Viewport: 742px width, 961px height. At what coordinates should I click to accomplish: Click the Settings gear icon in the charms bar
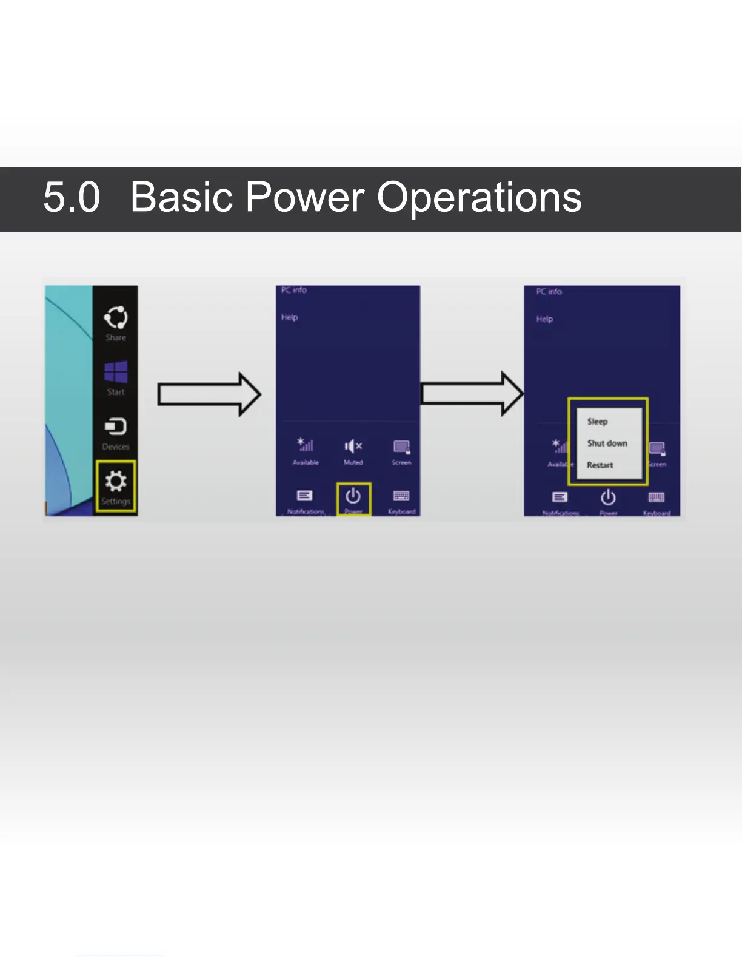pyautogui.click(x=116, y=482)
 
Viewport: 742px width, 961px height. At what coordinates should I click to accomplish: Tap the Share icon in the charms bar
pyautogui.click(x=116, y=317)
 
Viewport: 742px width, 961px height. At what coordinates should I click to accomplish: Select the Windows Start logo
pyautogui.click(x=116, y=372)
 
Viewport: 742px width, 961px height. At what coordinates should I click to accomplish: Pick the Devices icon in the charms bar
pyautogui.click(x=116, y=427)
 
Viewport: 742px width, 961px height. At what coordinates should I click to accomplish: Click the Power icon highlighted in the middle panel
pyautogui.click(x=353, y=496)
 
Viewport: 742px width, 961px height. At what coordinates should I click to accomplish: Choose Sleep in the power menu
pyautogui.click(x=597, y=422)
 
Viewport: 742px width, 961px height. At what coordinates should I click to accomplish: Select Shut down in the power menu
pyautogui.click(x=607, y=443)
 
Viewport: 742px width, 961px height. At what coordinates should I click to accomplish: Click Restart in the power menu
pyautogui.click(x=600, y=465)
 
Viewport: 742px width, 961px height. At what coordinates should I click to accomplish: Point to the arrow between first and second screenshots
pyautogui.click(x=209, y=394)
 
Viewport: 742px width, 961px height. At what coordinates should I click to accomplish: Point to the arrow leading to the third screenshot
pyautogui.click(x=472, y=394)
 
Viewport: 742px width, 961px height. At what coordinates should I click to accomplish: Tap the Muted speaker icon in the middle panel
pyautogui.click(x=353, y=447)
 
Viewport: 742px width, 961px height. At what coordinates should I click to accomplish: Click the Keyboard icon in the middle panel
pyautogui.click(x=401, y=496)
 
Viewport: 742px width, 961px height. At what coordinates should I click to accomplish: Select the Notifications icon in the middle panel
pyautogui.click(x=305, y=496)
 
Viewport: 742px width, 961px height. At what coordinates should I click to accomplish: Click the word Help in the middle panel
pyautogui.click(x=289, y=317)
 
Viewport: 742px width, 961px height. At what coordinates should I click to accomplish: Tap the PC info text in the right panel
pyautogui.click(x=549, y=292)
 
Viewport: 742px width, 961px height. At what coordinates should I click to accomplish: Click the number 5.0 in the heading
pyautogui.click(x=72, y=198)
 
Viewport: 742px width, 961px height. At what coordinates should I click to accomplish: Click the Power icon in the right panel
pyautogui.click(x=608, y=498)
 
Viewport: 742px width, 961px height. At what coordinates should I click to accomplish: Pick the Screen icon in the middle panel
pyautogui.click(x=401, y=447)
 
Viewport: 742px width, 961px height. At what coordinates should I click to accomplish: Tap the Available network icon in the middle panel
pyautogui.click(x=305, y=445)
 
